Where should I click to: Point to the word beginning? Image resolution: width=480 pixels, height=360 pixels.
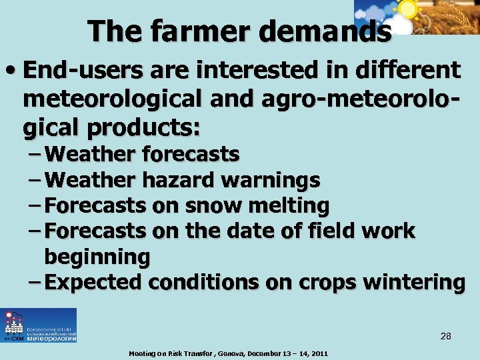tap(97, 257)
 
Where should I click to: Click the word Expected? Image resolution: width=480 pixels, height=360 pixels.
tap(95, 282)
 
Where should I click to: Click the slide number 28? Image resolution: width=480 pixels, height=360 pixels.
tap(445, 337)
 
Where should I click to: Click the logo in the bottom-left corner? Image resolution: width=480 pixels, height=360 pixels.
tap(39, 325)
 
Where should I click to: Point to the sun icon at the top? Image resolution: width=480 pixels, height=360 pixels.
tap(407, 9)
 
